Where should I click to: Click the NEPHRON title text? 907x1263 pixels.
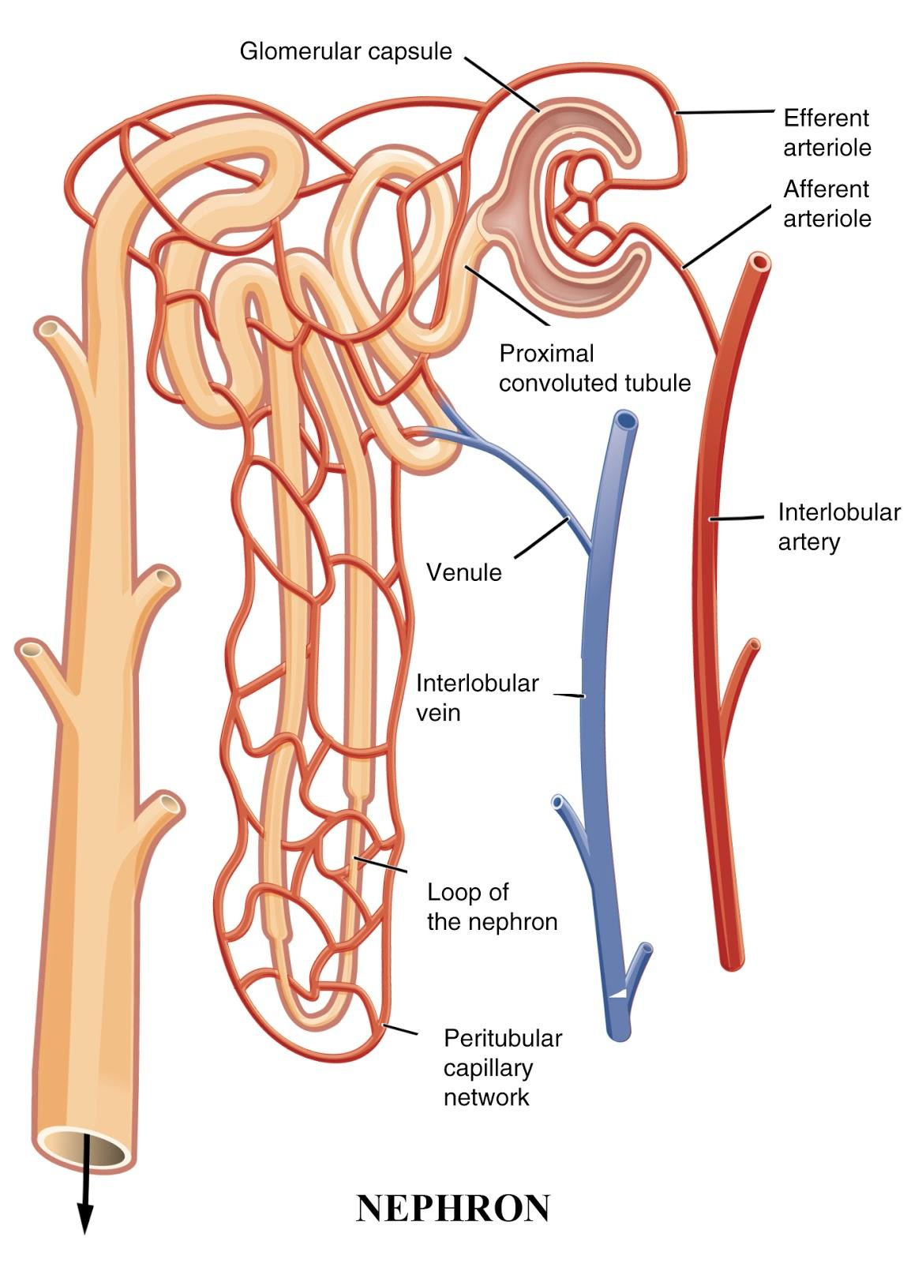[452, 1208]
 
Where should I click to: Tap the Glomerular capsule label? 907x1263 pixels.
[346, 52]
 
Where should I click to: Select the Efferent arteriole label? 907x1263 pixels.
[826, 133]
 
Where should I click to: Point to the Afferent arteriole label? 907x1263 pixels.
[826, 203]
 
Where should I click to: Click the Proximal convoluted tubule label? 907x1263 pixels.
[594, 368]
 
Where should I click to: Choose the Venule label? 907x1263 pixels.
[463, 572]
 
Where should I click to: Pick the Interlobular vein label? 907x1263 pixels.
[477, 697]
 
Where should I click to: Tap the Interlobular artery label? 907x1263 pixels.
[838, 527]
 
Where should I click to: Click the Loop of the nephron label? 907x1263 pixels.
[491, 906]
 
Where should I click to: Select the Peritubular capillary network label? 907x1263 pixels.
[502, 1066]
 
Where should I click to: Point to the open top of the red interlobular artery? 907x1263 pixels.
[760, 261]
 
